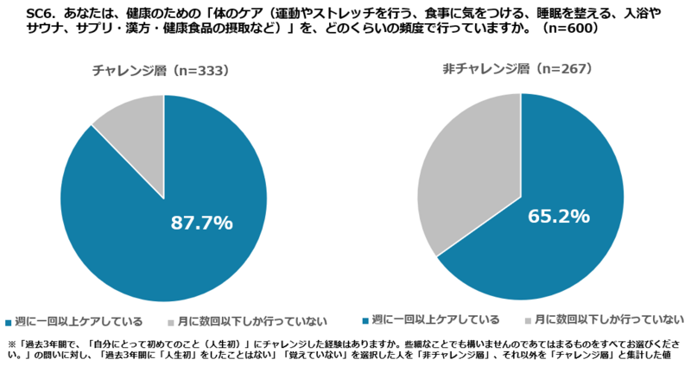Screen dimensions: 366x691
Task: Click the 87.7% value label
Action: coord(201,223)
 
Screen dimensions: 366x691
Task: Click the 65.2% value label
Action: coord(559,216)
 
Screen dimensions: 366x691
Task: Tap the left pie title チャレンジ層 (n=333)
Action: coord(162,73)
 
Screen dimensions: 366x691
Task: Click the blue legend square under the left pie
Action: coord(9,322)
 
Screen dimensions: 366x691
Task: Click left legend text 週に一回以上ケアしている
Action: coord(79,322)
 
